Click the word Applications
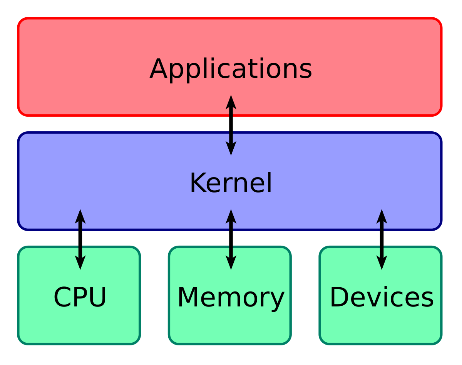231,69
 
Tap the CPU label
80,297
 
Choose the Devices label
382,297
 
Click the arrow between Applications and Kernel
231,125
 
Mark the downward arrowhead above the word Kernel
231,148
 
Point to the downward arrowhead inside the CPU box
80,263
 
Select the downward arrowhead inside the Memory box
231,263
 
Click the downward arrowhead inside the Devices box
382,263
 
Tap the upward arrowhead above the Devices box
382,217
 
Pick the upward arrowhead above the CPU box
80,217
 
